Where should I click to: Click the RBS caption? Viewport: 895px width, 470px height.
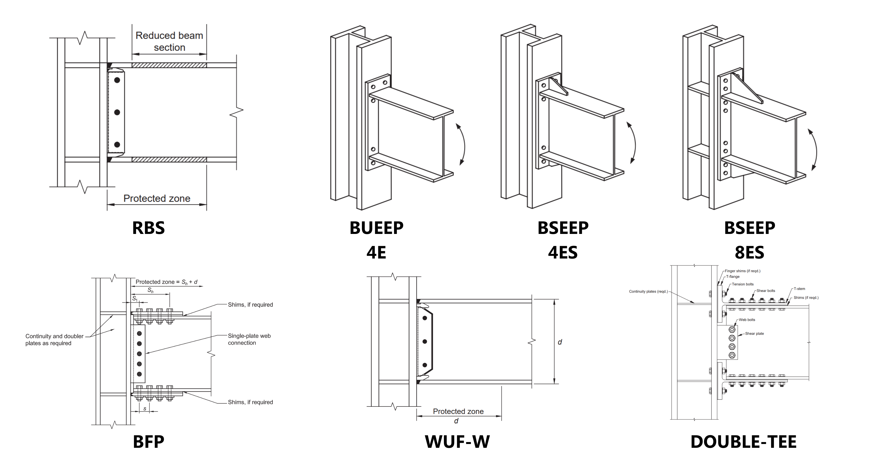(x=148, y=228)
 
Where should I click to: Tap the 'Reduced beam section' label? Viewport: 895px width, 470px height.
(x=169, y=41)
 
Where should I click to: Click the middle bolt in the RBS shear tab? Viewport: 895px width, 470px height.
(x=117, y=112)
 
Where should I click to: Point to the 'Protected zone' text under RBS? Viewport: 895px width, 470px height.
(x=157, y=198)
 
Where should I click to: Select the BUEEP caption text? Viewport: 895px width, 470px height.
(x=376, y=228)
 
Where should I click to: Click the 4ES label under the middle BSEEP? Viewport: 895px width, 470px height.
(x=563, y=253)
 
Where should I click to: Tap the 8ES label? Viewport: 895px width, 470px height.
(x=749, y=253)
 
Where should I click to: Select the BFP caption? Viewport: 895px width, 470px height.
(x=148, y=442)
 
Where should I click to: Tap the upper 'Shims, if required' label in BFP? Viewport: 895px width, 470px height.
(x=250, y=305)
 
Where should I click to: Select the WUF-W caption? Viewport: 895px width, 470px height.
(x=457, y=442)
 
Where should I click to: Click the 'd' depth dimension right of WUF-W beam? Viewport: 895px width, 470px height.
(x=560, y=342)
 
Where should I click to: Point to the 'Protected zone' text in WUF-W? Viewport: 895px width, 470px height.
(x=458, y=411)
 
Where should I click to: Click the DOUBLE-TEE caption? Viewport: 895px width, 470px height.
(x=743, y=442)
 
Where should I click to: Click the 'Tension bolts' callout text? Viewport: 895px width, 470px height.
(x=742, y=284)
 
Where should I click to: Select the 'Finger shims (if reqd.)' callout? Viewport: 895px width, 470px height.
(x=742, y=271)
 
